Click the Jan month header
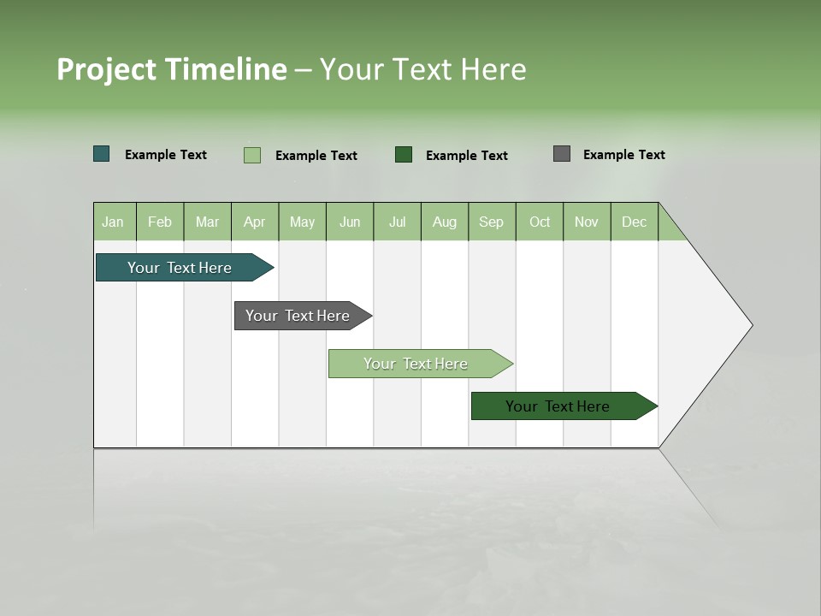coord(113,222)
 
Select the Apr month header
coord(255,222)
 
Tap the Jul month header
coord(397,222)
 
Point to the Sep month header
coord(491,222)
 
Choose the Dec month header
coord(634,222)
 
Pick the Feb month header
coord(160,222)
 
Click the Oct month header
coord(540,222)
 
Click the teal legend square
coord(102,154)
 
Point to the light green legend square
coord(252,155)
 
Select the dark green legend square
coord(404,154)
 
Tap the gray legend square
coord(562,154)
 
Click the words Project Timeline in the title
coord(172,69)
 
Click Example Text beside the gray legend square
coord(623,155)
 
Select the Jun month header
coord(350,222)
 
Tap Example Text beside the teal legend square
coord(166,155)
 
